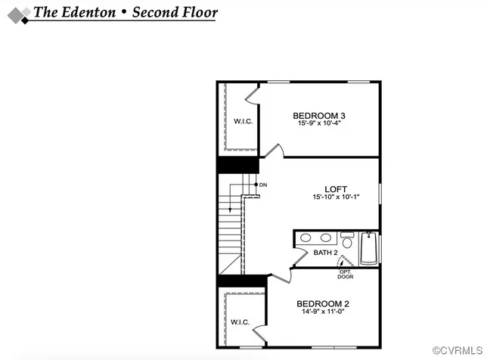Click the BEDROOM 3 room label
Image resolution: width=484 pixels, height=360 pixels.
click(314, 116)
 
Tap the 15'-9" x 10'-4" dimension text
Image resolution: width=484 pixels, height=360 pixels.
click(314, 123)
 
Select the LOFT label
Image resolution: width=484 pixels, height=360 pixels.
click(336, 189)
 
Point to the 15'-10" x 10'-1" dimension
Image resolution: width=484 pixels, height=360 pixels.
click(336, 197)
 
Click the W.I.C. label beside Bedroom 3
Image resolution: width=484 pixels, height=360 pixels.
click(242, 121)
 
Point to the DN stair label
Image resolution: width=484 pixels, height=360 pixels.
click(263, 185)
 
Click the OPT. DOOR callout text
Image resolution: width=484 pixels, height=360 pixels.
click(345, 274)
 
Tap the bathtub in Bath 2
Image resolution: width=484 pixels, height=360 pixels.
click(369, 248)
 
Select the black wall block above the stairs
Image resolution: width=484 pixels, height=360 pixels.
click(238, 165)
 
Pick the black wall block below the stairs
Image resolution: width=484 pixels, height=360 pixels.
click(238, 281)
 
